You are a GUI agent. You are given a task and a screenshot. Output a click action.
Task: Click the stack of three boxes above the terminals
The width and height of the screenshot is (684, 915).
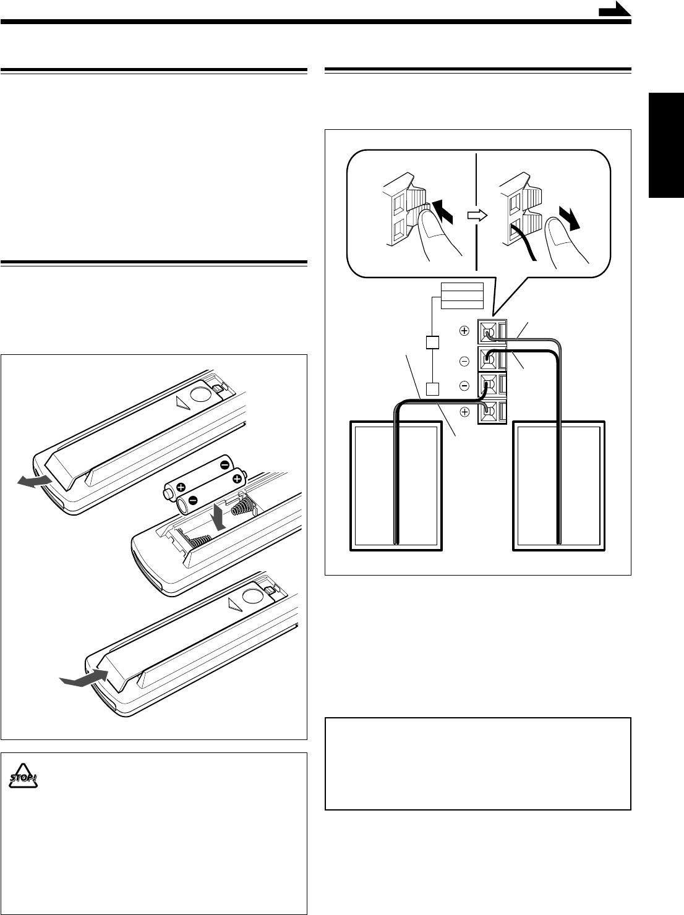coord(461,296)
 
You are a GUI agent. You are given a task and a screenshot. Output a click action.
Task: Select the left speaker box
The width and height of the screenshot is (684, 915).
coord(396,485)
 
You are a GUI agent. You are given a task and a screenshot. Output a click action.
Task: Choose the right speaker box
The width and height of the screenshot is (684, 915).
coord(560,485)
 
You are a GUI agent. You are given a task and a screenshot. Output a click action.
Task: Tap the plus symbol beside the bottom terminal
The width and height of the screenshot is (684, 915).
coord(464,412)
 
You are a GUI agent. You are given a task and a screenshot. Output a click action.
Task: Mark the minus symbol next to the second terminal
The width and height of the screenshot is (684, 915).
coord(464,359)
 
